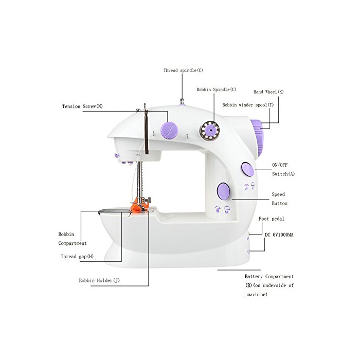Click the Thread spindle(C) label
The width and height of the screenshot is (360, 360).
pyautogui.click(x=183, y=70)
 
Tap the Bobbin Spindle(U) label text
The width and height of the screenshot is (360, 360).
pyautogui.click(x=216, y=89)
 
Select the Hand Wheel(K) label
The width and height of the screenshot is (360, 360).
pyautogui.click(x=268, y=92)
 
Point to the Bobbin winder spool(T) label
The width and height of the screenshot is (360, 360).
pyautogui.click(x=248, y=104)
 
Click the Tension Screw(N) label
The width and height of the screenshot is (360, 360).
pyautogui.click(x=82, y=106)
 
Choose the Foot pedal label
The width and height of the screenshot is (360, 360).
pyautogui.click(x=272, y=219)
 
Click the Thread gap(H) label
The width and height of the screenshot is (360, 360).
pyautogui.click(x=77, y=256)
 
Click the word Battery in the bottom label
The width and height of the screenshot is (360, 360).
pyautogui.click(x=255, y=276)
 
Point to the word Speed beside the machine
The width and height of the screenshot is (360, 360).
pyautogui.click(x=278, y=194)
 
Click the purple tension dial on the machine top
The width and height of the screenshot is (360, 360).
pyautogui.click(x=168, y=130)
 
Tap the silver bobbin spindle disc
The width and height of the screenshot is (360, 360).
pyautogui.click(x=209, y=129)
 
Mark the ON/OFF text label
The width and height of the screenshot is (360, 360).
pyautogui.click(x=279, y=165)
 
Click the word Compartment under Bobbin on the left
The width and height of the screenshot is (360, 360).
pyautogui.click(x=72, y=243)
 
